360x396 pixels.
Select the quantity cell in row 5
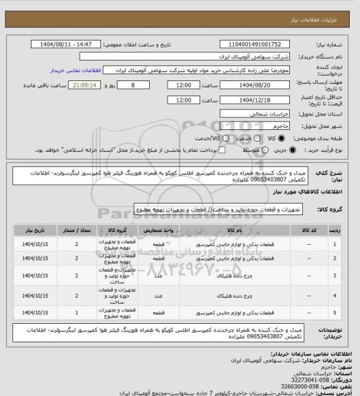tap(76, 313)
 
